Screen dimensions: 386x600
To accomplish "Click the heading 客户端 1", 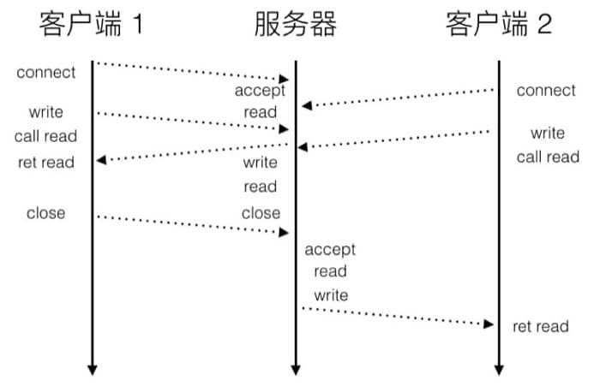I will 91,25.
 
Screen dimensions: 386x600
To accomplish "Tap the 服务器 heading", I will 295,25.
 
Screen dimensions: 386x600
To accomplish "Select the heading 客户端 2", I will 498,25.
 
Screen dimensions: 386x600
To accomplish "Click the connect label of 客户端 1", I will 46,72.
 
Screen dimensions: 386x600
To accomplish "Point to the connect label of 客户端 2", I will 546,91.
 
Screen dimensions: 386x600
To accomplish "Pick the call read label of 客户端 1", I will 45,136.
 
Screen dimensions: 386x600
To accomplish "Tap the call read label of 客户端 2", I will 548,157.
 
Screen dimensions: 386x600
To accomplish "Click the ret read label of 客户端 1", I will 46,162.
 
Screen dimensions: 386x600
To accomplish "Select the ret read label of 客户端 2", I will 541,326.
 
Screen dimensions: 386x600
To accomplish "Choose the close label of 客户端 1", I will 46,212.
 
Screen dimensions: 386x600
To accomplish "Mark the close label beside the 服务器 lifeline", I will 261,212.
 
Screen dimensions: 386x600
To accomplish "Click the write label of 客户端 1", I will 46,112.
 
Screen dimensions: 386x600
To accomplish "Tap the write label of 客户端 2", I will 548,133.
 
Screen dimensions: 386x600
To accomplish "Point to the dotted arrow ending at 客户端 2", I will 398,315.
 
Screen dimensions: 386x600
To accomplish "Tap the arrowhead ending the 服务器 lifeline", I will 295,370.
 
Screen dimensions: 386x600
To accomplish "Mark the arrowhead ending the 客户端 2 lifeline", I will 499,370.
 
